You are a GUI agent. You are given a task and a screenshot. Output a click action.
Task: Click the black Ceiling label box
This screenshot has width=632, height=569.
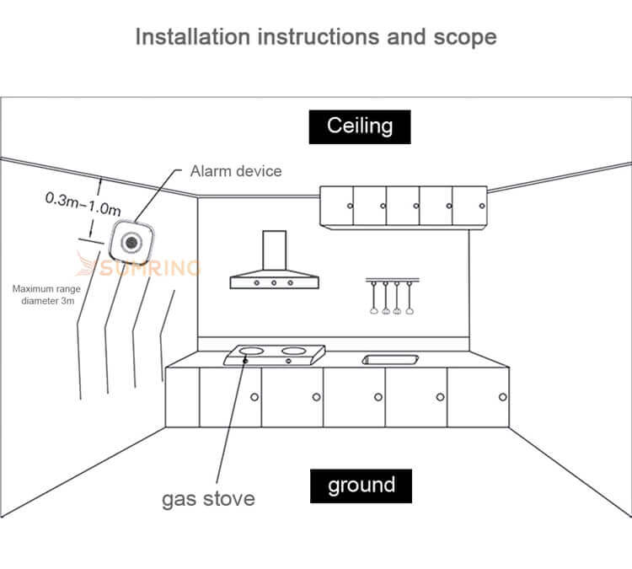(360, 126)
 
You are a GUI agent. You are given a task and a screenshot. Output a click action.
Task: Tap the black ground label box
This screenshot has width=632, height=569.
(361, 486)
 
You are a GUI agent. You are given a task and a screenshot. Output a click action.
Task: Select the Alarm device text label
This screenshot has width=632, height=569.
(236, 171)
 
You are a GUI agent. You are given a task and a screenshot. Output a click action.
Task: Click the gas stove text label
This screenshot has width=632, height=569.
(207, 497)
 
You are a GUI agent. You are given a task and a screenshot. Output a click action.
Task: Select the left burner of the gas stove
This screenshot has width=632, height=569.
(250, 350)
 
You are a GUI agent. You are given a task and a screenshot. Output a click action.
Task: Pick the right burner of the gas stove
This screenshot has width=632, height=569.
(292, 350)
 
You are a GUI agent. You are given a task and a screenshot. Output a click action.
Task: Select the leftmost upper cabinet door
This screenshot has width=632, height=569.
(337, 207)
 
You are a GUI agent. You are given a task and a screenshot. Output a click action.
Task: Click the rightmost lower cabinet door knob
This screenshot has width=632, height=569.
(503, 396)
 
